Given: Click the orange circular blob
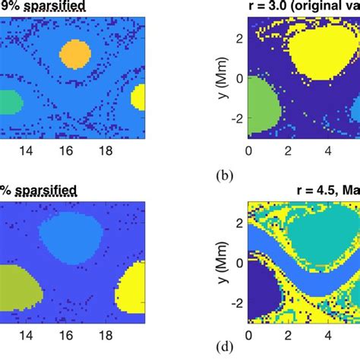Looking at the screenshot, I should [x=75, y=55].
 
